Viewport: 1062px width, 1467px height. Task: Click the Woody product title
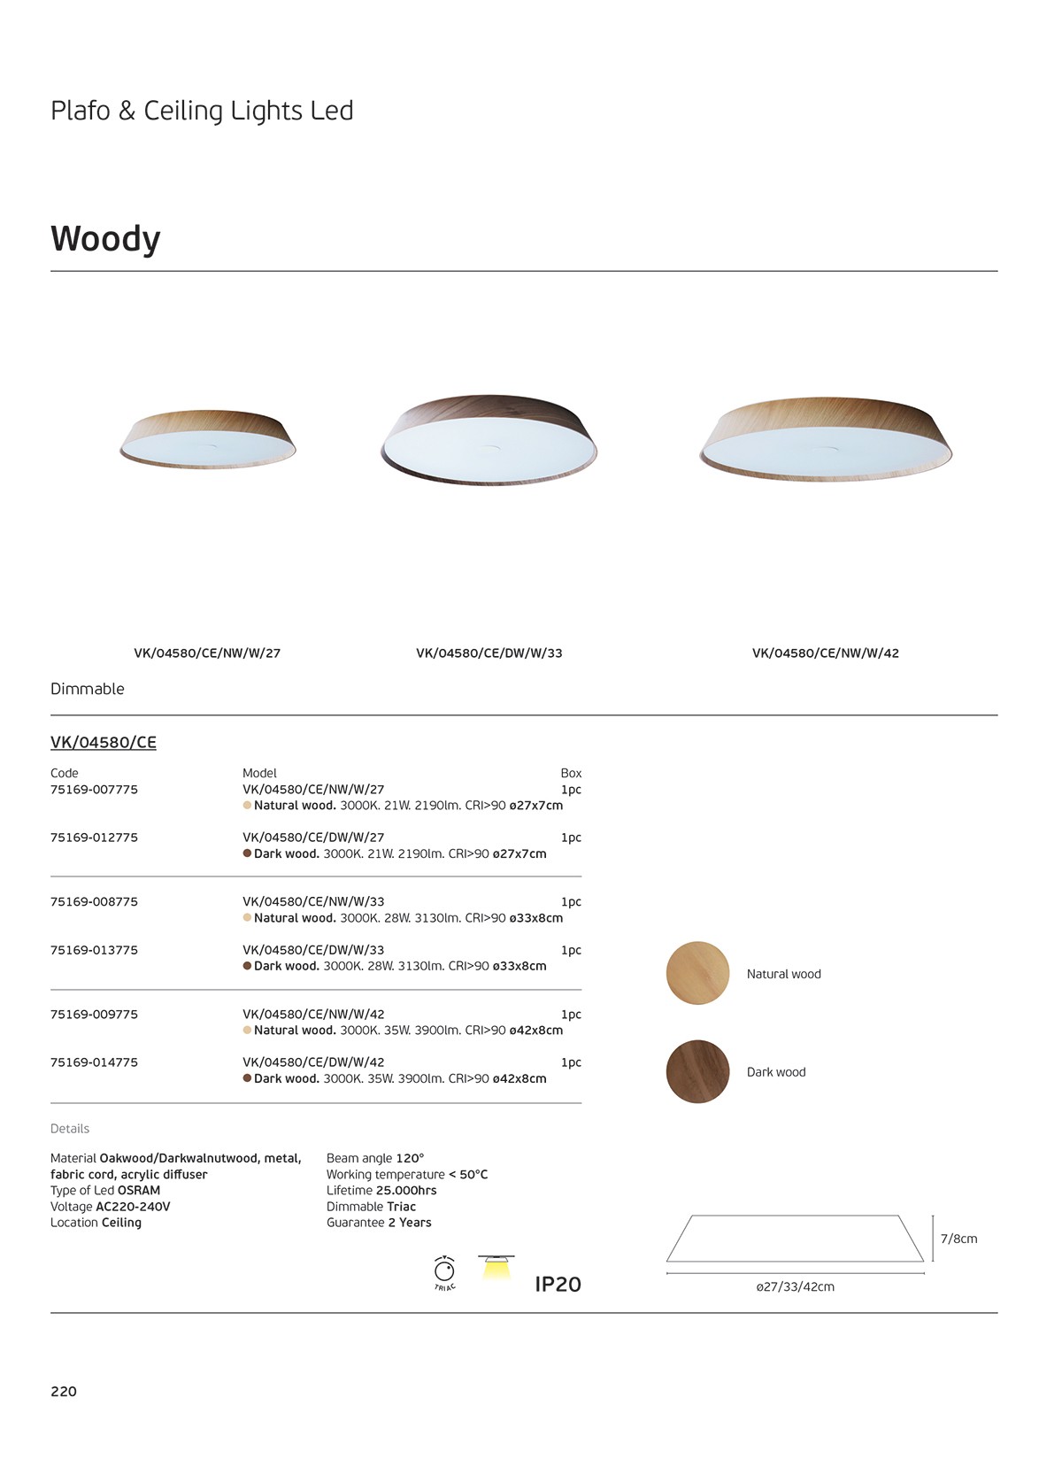click(x=105, y=239)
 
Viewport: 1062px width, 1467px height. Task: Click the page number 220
click(x=64, y=1391)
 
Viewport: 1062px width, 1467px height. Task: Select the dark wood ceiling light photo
click(x=489, y=440)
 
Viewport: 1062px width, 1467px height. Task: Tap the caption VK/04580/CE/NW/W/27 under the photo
click(x=207, y=653)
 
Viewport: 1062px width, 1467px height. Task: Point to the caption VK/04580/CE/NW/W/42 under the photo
click(x=825, y=653)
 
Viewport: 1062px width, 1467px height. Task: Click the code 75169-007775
click(x=94, y=790)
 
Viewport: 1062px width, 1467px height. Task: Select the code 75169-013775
click(x=94, y=950)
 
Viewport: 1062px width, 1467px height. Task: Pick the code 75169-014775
click(x=94, y=1062)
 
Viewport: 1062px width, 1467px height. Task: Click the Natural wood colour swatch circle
click(x=697, y=973)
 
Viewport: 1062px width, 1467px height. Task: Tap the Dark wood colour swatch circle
click(x=697, y=1071)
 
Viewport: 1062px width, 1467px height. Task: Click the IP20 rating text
click(x=558, y=1285)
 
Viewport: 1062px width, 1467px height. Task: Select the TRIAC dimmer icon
click(x=444, y=1272)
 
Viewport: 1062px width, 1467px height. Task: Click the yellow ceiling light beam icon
click(x=496, y=1268)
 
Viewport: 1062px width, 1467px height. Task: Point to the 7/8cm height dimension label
click(x=958, y=1239)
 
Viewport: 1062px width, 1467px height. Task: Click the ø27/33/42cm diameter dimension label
click(x=795, y=1286)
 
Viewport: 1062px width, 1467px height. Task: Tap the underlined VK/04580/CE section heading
click(x=104, y=743)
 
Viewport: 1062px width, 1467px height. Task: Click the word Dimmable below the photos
click(x=88, y=689)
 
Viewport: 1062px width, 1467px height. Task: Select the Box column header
click(x=571, y=773)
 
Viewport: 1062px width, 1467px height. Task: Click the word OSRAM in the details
click(x=139, y=1191)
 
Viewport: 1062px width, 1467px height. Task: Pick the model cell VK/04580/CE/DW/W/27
click(x=313, y=838)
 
